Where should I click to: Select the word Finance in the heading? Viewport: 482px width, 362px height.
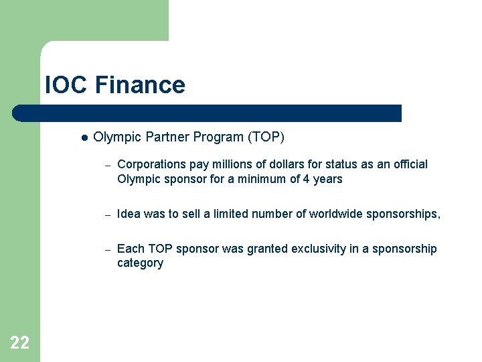tap(140, 85)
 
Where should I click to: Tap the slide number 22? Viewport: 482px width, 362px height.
tap(20, 343)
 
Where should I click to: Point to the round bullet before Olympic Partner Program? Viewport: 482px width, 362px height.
tap(84, 137)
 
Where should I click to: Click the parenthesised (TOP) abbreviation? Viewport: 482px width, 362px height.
tap(266, 137)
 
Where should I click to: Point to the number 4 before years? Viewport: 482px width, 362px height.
tap(310, 179)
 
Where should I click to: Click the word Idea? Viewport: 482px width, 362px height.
tap(129, 214)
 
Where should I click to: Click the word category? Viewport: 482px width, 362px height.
tap(140, 263)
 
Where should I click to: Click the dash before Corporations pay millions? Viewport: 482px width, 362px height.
tap(106, 165)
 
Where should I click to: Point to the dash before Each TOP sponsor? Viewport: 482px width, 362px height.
tap(106, 249)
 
